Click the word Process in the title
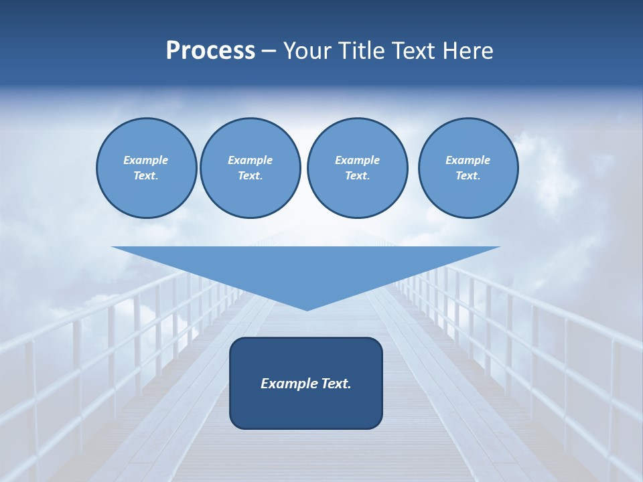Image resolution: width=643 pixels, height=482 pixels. point(210,51)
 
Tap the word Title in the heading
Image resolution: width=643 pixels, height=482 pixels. point(360,51)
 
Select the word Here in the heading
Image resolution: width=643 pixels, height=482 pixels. point(468,51)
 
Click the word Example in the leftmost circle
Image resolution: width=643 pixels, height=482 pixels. point(146,160)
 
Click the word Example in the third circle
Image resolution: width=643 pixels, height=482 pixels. point(357,160)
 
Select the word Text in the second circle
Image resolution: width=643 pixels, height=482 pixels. point(249,176)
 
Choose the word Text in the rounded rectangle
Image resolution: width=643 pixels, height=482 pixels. point(336,384)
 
